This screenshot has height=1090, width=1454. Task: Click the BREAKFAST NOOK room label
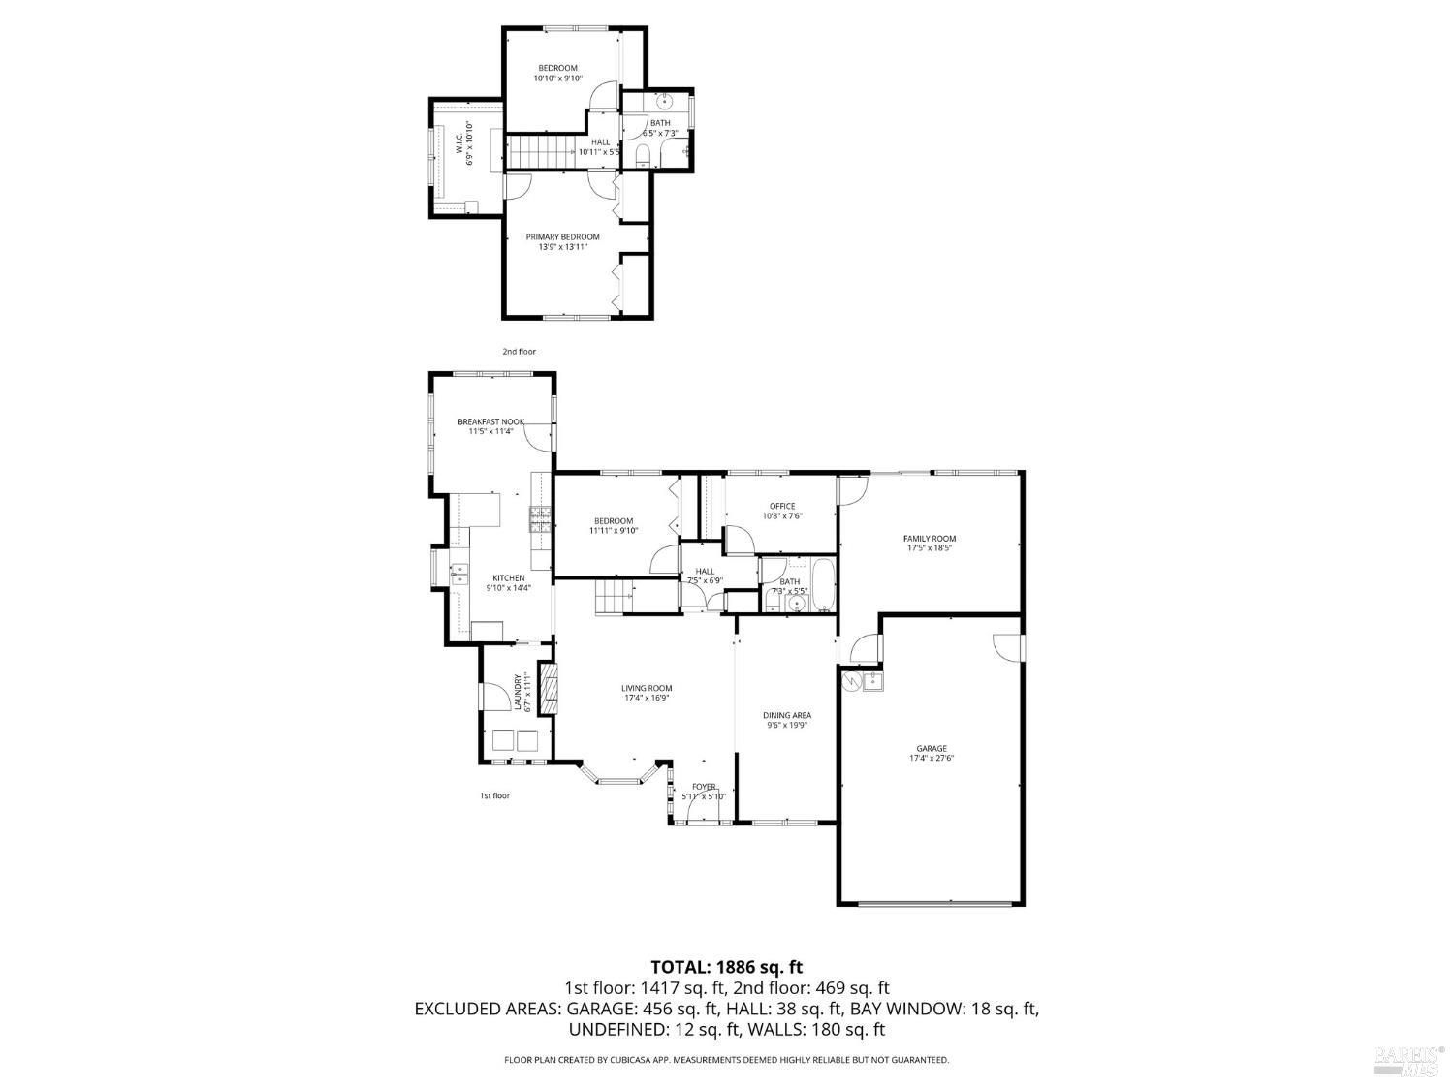tap(490, 421)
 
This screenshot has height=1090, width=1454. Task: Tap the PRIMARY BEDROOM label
tap(562, 236)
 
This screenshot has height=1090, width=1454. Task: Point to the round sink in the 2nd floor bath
tap(665, 101)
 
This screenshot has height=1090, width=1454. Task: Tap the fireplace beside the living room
tap(549, 688)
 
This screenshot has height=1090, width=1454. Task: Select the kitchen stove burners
tap(540, 520)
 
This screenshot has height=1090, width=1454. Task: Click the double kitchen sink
tap(458, 574)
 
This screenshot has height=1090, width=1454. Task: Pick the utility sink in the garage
tap(872, 681)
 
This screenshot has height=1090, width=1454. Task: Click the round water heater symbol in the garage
tap(851, 681)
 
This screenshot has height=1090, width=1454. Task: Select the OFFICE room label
tap(782, 506)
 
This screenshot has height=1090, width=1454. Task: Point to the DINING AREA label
tap(787, 715)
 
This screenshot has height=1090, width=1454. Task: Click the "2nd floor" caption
tap(519, 352)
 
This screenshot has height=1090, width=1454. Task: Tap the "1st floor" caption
tap(494, 795)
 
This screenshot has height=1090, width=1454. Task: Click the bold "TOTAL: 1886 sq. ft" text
tap(726, 966)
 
